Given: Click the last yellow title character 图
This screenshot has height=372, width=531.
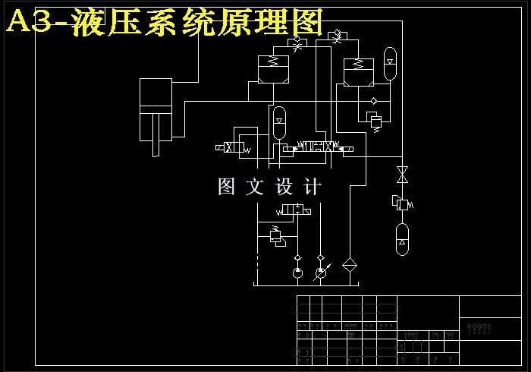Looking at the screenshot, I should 303,22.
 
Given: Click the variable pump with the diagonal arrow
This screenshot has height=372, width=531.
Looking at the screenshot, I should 321,272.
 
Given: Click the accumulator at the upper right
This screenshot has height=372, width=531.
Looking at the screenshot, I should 390,64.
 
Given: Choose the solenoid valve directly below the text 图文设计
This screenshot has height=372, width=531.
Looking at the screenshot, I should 293,210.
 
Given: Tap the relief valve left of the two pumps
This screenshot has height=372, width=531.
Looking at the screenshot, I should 275,236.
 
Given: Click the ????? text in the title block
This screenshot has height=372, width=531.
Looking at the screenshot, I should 479,329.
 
